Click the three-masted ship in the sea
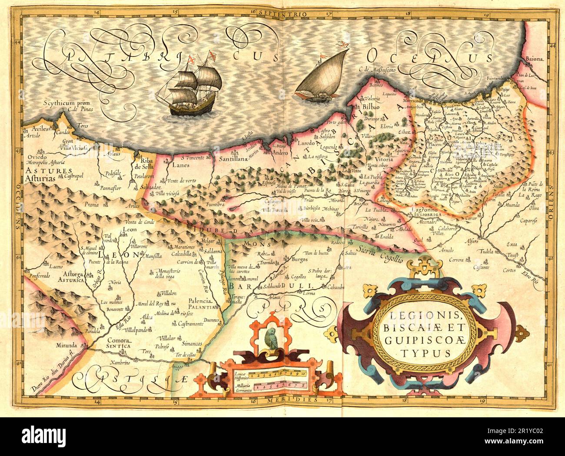pos(191,87)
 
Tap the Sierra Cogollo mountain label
pos(381,254)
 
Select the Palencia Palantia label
pos(199,303)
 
